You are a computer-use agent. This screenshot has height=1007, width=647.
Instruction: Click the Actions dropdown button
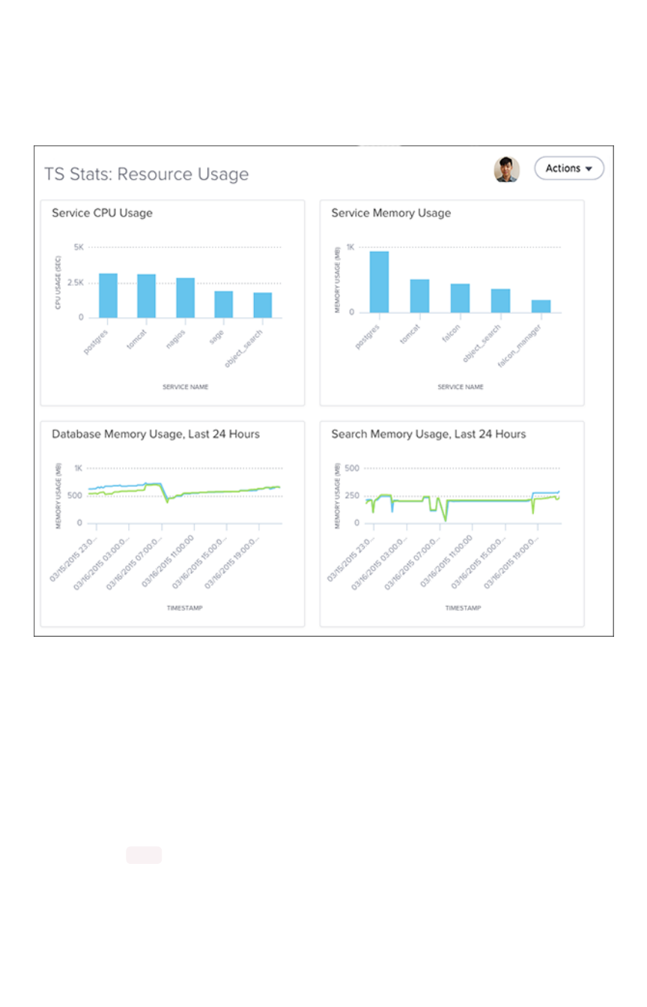point(568,169)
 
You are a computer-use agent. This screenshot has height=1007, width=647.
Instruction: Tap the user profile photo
point(506,169)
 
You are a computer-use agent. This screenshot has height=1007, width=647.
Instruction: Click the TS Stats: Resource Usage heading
point(146,175)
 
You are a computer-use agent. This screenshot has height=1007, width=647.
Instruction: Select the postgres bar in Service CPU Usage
point(108,295)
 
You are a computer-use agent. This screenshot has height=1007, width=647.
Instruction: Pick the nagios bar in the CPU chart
point(185,297)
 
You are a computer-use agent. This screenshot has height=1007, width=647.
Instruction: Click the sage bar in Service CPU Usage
point(224,304)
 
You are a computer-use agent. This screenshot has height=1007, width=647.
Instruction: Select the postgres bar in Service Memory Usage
point(379,282)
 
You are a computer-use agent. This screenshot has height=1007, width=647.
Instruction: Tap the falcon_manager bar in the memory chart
point(541,306)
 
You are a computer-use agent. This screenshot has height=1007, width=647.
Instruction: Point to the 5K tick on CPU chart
point(78,247)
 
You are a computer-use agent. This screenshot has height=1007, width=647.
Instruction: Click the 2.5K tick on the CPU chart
point(74,282)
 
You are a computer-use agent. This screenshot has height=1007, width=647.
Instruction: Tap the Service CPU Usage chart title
point(102,213)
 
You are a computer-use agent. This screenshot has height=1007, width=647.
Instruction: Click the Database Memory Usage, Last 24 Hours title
point(155,434)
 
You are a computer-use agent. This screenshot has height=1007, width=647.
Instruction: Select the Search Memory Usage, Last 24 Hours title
point(428,434)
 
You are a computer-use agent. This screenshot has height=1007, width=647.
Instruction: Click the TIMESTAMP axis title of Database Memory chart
point(184,608)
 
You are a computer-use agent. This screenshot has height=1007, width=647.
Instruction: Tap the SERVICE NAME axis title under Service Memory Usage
point(461,387)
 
